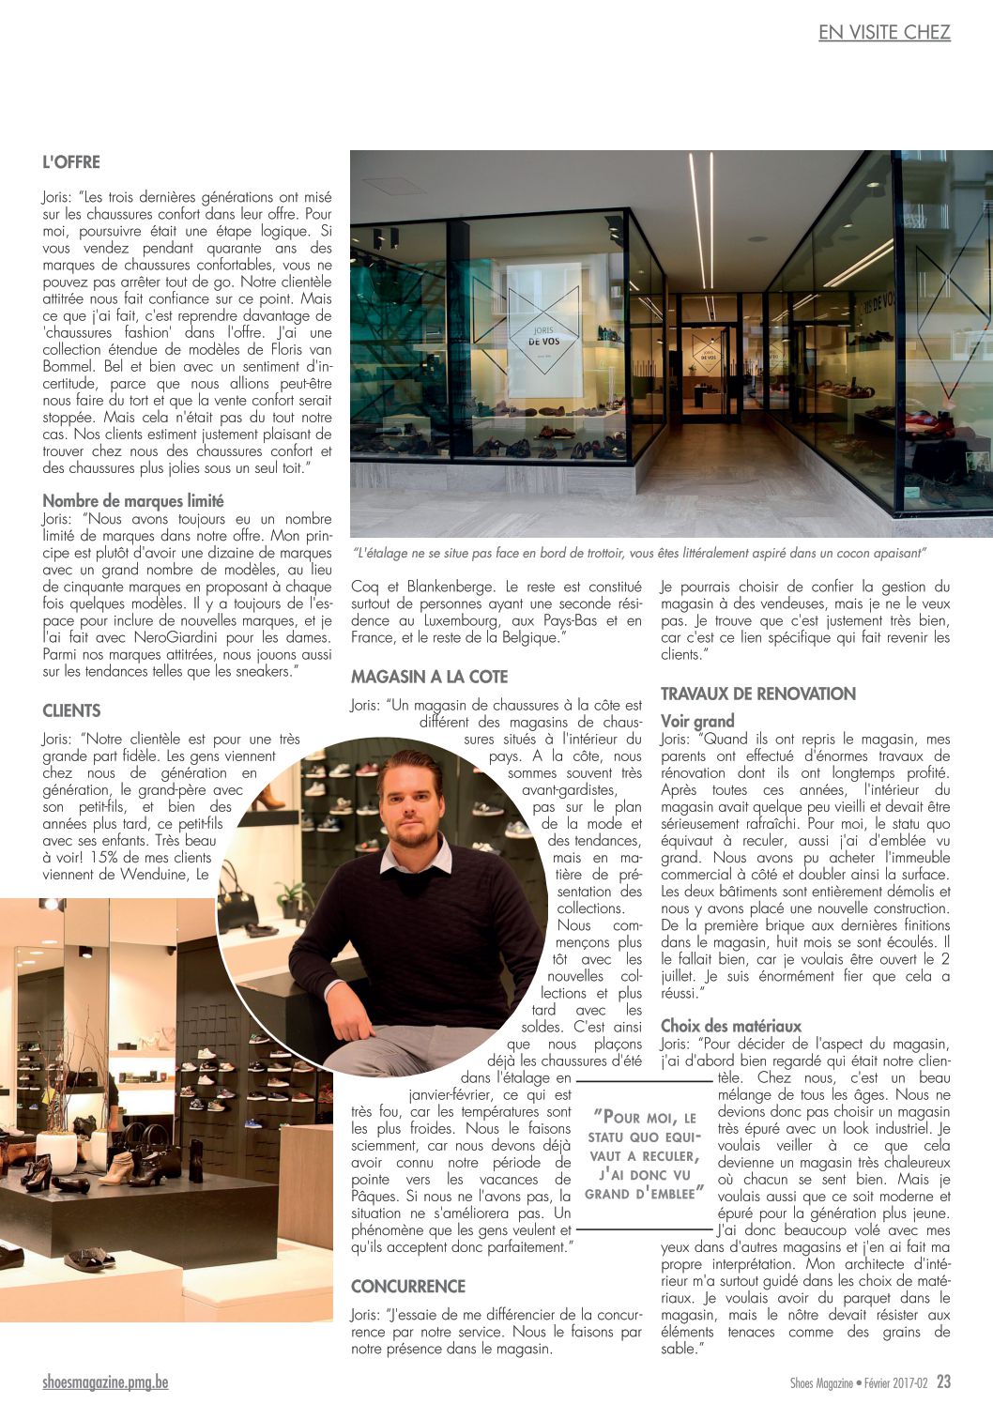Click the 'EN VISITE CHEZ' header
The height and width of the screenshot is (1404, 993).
click(x=884, y=33)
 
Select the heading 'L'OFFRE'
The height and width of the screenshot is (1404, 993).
click(x=71, y=162)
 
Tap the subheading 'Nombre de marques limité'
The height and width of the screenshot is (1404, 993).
click(x=133, y=501)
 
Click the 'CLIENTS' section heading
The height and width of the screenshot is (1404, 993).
click(x=71, y=710)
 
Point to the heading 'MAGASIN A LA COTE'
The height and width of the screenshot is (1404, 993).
click(x=429, y=677)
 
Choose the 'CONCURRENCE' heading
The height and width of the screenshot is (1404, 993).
click(x=408, y=1287)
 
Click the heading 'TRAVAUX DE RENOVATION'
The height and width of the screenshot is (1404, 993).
click(x=758, y=694)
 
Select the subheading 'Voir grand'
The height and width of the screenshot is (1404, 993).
click(x=697, y=722)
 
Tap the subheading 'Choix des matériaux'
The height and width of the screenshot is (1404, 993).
click(x=730, y=1026)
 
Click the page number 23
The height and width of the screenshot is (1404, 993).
click(x=943, y=1382)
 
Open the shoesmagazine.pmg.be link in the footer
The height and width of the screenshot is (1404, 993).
click(x=105, y=1382)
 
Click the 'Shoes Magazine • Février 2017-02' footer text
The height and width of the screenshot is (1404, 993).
click(x=858, y=1383)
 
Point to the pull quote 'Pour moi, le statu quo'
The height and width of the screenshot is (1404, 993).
click(x=644, y=1155)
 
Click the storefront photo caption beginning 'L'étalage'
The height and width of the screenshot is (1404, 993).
click(x=639, y=554)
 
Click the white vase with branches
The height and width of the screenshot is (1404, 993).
click(x=57, y=1150)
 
